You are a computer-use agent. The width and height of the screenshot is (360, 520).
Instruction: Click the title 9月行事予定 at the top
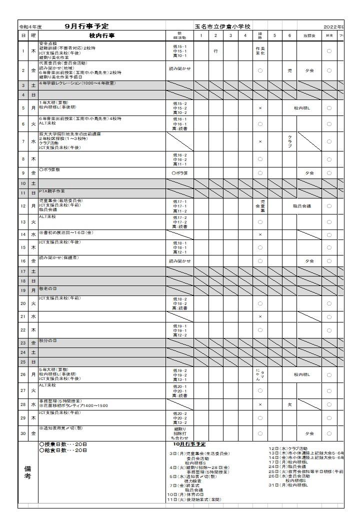pyautogui.click(x=87, y=26)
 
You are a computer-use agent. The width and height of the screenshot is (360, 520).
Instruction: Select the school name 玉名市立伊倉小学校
pyautogui.click(x=223, y=26)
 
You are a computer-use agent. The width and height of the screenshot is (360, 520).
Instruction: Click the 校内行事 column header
pyautogui.click(x=102, y=35)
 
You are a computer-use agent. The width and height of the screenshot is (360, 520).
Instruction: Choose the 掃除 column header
pyautogui.click(x=260, y=35)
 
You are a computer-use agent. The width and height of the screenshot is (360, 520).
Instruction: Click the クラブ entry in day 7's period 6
pyautogui.click(x=289, y=141)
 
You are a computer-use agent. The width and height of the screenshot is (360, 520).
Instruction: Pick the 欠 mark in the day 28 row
pyautogui.click(x=289, y=404)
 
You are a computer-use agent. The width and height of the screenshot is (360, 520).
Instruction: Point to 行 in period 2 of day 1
pyautogui.click(x=215, y=51)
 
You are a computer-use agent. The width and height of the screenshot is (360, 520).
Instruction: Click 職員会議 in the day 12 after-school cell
pyautogui.click(x=302, y=206)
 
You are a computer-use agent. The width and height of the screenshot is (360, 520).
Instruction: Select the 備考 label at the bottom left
pyautogui.click(x=28, y=473)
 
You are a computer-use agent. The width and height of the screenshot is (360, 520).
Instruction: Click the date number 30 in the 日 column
pyautogui.click(x=23, y=433)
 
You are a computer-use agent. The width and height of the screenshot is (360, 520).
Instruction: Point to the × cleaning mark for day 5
pyautogui.click(x=260, y=108)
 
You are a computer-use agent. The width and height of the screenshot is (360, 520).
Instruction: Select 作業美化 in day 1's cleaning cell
pyautogui.click(x=260, y=50)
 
